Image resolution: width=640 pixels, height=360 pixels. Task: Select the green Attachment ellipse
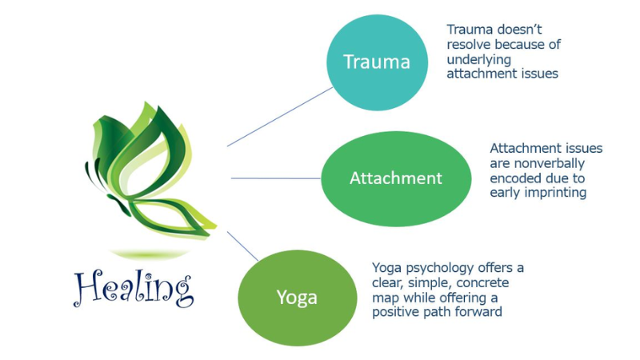click(x=395, y=178)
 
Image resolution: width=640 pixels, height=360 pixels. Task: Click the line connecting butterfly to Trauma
click(x=280, y=117)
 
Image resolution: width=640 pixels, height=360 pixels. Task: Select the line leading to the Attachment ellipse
click(x=275, y=178)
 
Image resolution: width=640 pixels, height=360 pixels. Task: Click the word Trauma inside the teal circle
click(x=377, y=62)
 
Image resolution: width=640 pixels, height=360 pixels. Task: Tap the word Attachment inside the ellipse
click(x=395, y=178)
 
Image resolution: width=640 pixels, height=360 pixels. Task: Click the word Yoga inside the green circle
click(x=297, y=298)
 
